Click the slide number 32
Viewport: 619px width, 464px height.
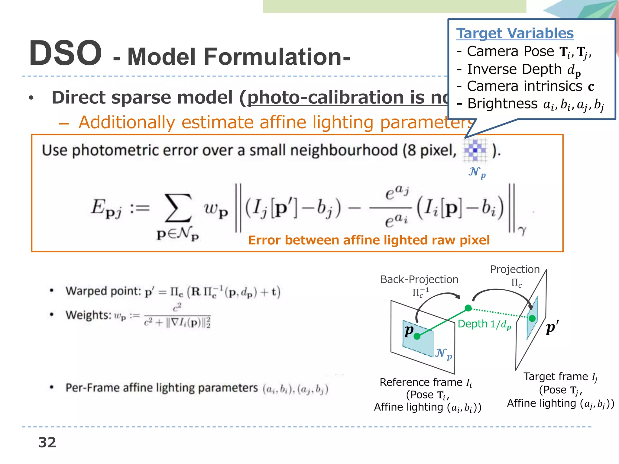(47, 443)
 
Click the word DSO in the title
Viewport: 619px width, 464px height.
(65, 54)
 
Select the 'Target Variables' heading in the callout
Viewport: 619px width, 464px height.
(515, 33)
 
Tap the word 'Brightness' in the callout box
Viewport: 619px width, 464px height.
(502, 104)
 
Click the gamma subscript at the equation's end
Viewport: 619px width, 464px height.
(522, 231)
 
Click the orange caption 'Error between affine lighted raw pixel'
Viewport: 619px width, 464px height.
(369, 240)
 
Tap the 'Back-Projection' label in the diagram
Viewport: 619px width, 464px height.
(419, 279)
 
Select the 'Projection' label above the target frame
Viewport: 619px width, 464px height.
(515, 269)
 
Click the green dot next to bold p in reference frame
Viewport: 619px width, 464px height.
(417, 336)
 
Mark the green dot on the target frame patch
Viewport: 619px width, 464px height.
(532, 318)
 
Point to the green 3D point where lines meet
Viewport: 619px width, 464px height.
(468, 308)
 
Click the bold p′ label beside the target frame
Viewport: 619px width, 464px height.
(552, 327)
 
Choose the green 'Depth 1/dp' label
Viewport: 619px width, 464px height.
(484, 324)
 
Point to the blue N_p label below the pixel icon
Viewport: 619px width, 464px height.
(477, 172)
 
